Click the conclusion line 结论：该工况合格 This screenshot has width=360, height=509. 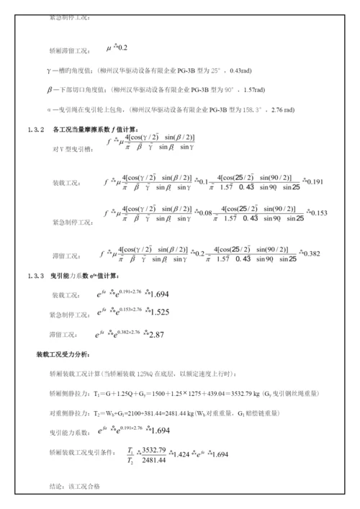click(x=73, y=487)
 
